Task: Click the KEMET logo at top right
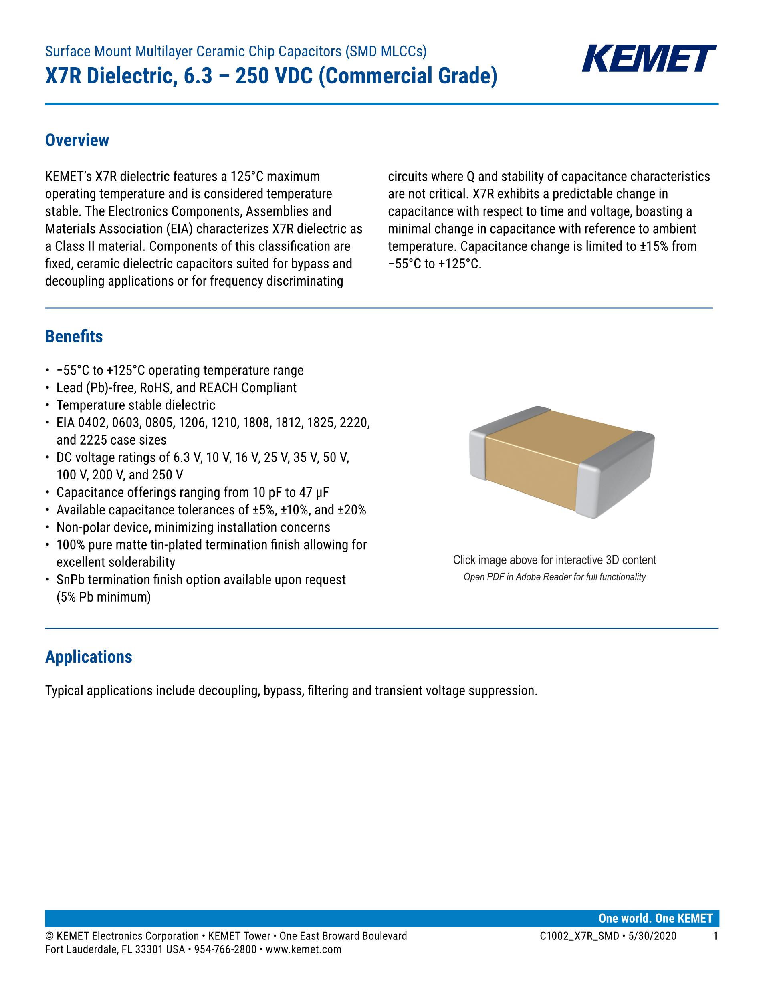click(649, 58)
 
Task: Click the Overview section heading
click(77, 140)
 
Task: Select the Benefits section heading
click(74, 337)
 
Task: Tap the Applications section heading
click(89, 657)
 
